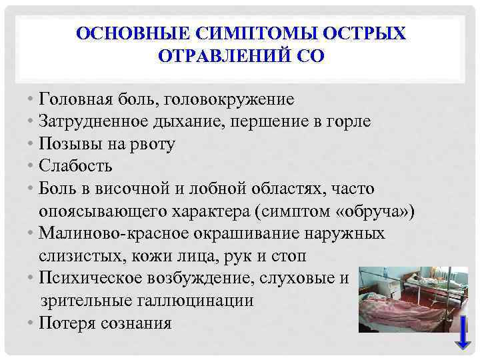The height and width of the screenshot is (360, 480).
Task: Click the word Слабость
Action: coord(76,166)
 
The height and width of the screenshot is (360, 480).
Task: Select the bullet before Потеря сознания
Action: coord(32,323)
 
